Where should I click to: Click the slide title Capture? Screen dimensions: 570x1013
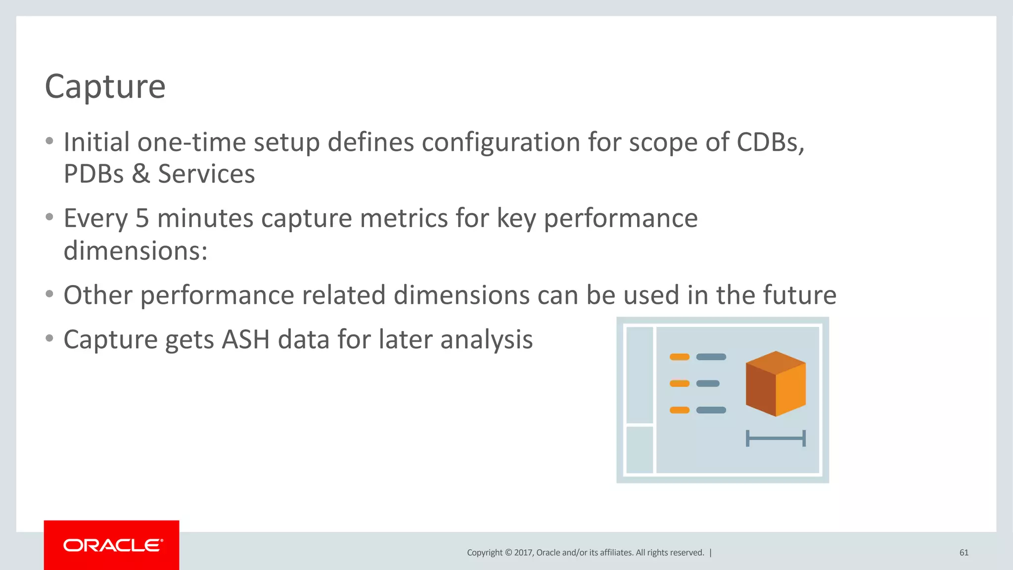click(105, 87)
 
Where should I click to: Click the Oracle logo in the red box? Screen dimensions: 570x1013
click(113, 545)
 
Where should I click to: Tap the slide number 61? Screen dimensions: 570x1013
click(964, 553)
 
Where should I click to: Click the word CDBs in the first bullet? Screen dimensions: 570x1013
click(770, 142)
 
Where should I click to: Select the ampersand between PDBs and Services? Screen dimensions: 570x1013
click(140, 174)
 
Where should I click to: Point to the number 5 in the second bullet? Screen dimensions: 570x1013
click(142, 219)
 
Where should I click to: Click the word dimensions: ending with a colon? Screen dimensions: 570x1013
click(136, 251)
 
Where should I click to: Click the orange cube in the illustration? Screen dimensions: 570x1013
click(776, 384)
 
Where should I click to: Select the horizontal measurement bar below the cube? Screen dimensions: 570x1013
click(776, 438)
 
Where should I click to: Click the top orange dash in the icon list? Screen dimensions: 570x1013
click(679, 357)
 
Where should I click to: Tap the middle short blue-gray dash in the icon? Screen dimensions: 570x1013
click(708, 383)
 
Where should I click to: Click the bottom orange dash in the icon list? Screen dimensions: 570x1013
click(679, 410)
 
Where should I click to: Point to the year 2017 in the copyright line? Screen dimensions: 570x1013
click(523, 553)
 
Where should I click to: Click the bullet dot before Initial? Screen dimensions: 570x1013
click(49, 142)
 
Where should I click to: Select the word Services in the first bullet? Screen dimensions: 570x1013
click(206, 174)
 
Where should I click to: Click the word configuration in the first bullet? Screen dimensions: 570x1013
click(501, 142)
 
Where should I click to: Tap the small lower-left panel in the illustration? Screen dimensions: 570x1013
click(640, 450)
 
